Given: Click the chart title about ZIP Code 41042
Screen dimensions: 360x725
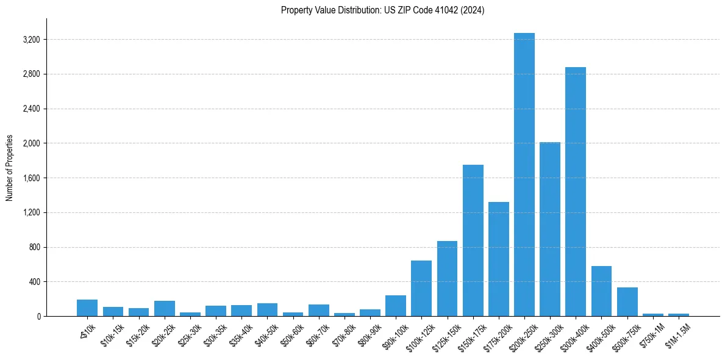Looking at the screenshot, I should pyautogui.click(x=382, y=10).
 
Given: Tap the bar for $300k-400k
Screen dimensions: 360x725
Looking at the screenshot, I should pyautogui.click(x=575, y=192).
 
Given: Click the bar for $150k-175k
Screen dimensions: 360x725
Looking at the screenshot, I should pyautogui.click(x=473, y=240).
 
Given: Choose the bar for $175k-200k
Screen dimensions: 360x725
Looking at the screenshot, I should pyautogui.click(x=498, y=259).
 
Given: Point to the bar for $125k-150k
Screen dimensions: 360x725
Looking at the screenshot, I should pyautogui.click(x=447, y=278).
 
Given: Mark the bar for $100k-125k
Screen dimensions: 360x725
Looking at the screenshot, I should pyautogui.click(x=421, y=288).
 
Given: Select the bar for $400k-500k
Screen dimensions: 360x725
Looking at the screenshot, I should pyautogui.click(x=601, y=291).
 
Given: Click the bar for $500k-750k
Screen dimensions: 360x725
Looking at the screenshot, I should pyautogui.click(x=627, y=301).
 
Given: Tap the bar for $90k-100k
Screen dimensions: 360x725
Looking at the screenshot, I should pyautogui.click(x=396, y=306).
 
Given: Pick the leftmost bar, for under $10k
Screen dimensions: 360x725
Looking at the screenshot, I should pyautogui.click(x=87, y=308).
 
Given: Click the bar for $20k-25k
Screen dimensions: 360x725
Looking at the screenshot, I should pyautogui.click(x=165, y=309).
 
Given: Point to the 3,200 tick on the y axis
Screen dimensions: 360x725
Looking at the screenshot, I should pyautogui.click(x=30, y=40).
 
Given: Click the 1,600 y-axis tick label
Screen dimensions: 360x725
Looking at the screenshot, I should pyautogui.click(x=30, y=178).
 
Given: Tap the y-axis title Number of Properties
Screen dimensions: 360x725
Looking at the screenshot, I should pyautogui.click(x=10, y=168).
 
